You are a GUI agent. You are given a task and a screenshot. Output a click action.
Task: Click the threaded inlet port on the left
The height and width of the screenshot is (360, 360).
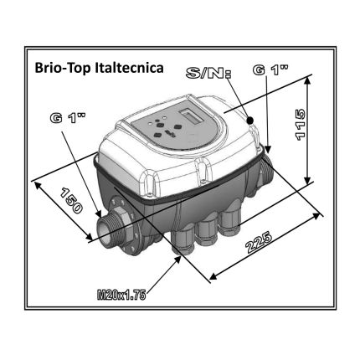(x=110, y=231)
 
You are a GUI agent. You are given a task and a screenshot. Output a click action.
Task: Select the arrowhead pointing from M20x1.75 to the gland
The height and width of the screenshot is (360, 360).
(x=177, y=255)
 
